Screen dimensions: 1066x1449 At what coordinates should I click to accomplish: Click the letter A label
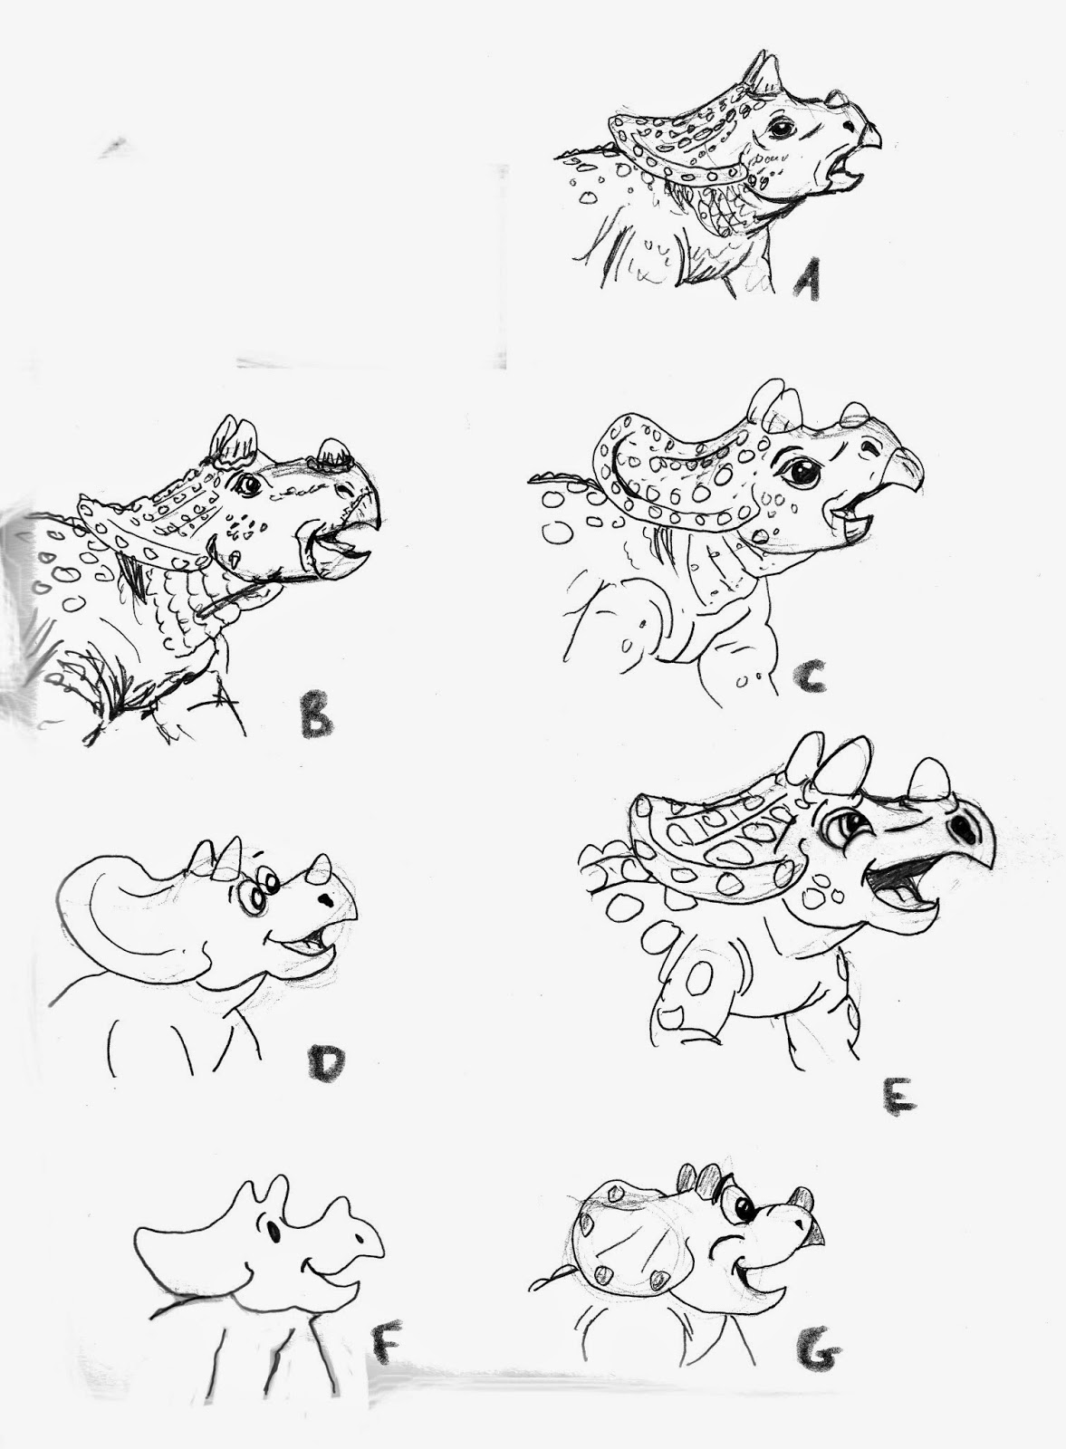[x=807, y=279]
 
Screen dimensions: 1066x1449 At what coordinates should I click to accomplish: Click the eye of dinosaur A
[x=782, y=128]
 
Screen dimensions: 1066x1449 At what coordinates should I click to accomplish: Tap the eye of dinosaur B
[x=248, y=484]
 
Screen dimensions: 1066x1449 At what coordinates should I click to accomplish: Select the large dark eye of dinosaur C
[x=802, y=472]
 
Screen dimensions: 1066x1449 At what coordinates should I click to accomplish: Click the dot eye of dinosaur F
[x=274, y=1231]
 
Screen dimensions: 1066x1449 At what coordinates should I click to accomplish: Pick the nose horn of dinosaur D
[x=320, y=868]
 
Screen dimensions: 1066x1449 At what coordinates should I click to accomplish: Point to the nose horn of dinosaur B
[x=333, y=451]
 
